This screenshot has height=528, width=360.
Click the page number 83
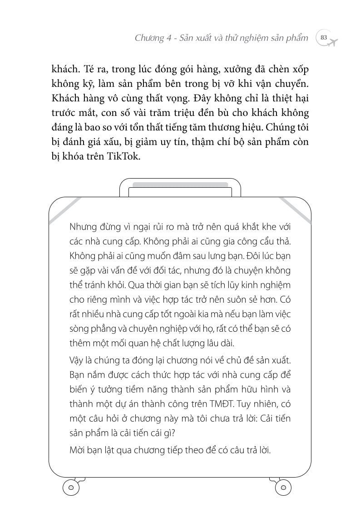tap(324, 38)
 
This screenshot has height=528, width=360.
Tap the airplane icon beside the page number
tap(334, 41)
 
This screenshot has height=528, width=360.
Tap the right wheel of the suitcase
tap(283, 488)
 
